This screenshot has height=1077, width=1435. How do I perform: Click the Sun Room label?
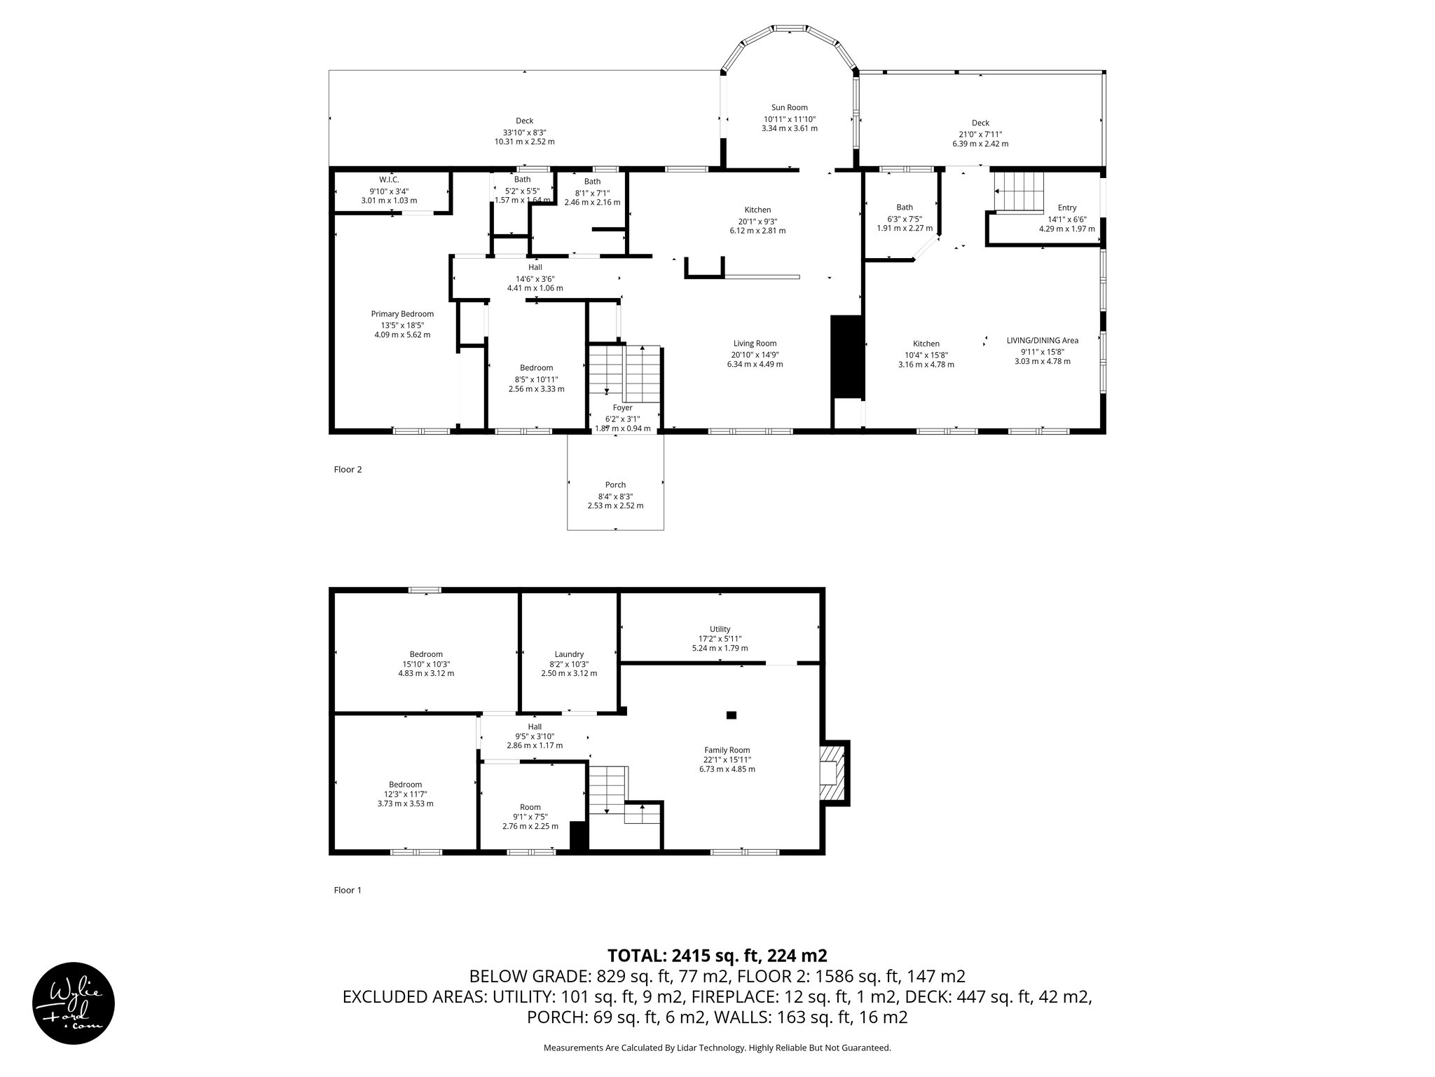pyautogui.click(x=789, y=107)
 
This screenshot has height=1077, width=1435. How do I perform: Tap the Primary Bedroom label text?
pyautogui.click(x=402, y=314)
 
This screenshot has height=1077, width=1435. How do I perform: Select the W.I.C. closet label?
pyautogui.click(x=389, y=180)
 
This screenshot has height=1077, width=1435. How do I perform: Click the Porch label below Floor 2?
pyautogui.click(x=615, y=485)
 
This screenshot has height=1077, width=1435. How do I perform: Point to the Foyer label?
pyautogui.click(x=622, y=407)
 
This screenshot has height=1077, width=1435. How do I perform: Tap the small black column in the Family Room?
pyautogui.click(x=732, y=715)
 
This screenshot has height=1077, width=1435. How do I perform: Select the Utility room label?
pyautogui.click(x=720, y=629)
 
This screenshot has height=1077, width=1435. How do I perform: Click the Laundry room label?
pyautogui.click(x=569, y=654)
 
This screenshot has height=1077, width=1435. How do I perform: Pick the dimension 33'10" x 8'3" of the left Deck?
pyautogui.click(x=524, y=132)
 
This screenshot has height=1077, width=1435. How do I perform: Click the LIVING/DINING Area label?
pyautogui.click(x=1042, y=341)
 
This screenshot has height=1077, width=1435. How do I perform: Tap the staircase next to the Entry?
pyautogui.click(x=1019, y=192)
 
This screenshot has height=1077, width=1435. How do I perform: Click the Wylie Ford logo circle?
pyautogui.click(x=74, y=1002)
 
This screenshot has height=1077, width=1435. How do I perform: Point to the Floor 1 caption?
pyautogui.click(x=348, y=890)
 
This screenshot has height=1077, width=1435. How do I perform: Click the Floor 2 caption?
pyautogui.click(x=348, y=470)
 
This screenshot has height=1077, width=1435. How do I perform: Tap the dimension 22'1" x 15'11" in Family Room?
pyautogui.click(x=727, y=759)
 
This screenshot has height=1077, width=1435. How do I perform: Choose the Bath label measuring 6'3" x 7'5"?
pyautogui.click(x=905, y=208)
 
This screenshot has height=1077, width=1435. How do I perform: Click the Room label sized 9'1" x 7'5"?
pyautogui.click(x=530, y=807)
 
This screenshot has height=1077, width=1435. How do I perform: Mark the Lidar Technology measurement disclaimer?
pyautogui.click(x=717, y=1048)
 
